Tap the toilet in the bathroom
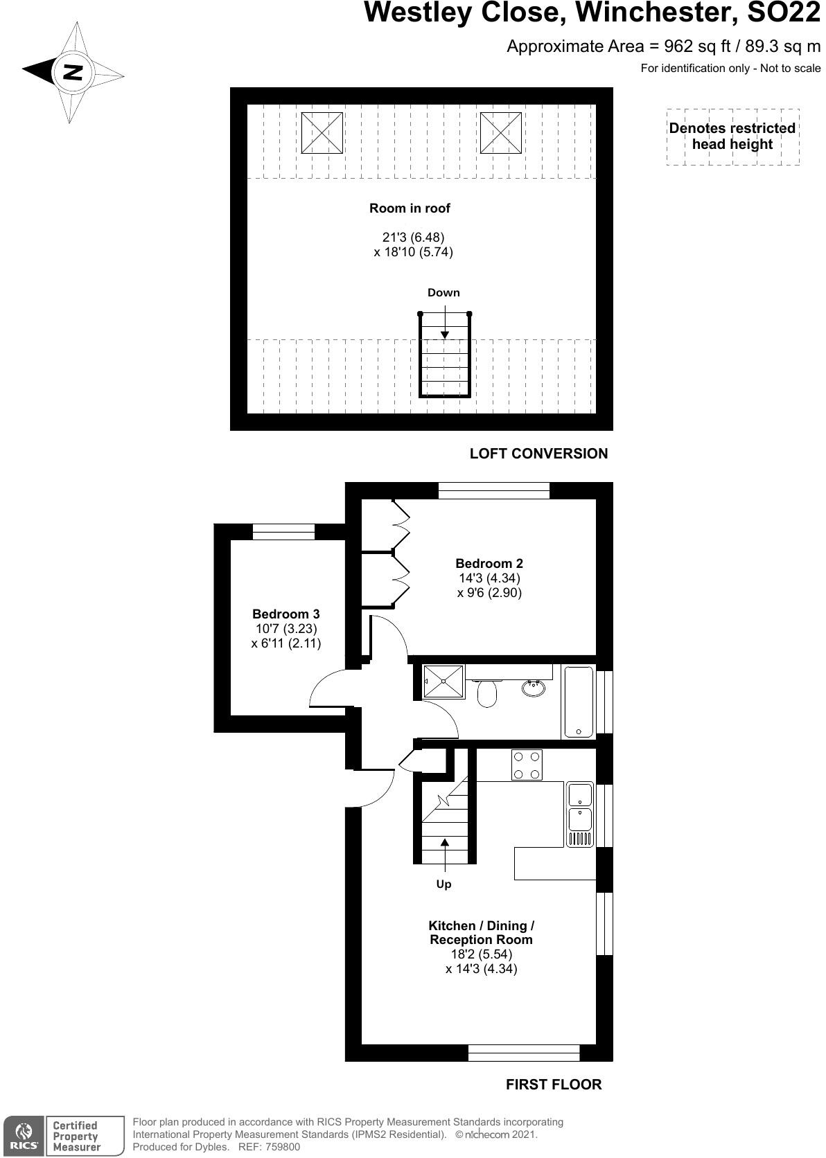pos(488,693)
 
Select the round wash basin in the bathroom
pos(534,688)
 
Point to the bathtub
pos(578,702)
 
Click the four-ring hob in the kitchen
pos(527,765)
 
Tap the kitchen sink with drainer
pos(580,814)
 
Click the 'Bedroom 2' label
pos(489,564)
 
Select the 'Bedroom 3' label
pos(285,614)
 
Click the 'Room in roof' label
pos(410,208)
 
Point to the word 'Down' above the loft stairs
pos(443,293)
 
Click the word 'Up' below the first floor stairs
pos(443,884)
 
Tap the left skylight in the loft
pos(322,132)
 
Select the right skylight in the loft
pos(501,132)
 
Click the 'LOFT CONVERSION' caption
pos(538,454)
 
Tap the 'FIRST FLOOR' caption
pos(554,1085)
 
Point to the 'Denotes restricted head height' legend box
pos(732,136)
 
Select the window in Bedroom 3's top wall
pos(283,532)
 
